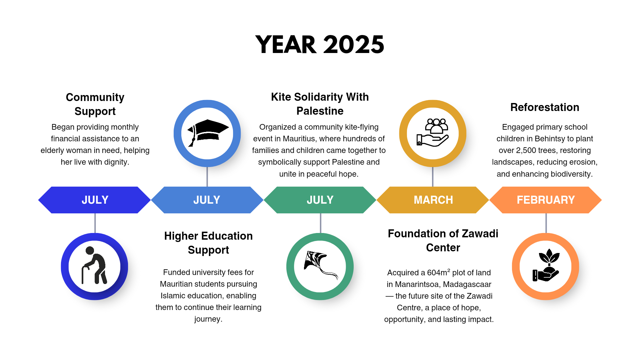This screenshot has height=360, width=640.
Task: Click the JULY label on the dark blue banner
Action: pos(95,200)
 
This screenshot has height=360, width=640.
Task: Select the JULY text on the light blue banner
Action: pos(207,200)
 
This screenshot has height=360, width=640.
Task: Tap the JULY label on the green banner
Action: pos(320,200)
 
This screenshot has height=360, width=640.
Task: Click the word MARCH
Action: pos(433,200)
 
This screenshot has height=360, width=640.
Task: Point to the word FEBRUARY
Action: pos(546,200)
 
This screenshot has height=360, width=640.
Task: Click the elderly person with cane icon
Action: pos(95,266)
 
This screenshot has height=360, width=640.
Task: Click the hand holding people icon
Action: pos(433,133)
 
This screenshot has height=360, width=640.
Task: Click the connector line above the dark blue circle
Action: pos(95,223)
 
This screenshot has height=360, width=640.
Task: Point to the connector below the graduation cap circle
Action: pos(207,176)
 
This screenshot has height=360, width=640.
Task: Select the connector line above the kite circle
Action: pos(320,223)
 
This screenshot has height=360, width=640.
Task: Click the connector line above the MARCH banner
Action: pos(433,176)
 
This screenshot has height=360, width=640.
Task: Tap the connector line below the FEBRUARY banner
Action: pos(546,223)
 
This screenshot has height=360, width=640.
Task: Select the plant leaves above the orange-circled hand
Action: pos(549,256)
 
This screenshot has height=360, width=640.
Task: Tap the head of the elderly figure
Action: pos(90,250)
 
